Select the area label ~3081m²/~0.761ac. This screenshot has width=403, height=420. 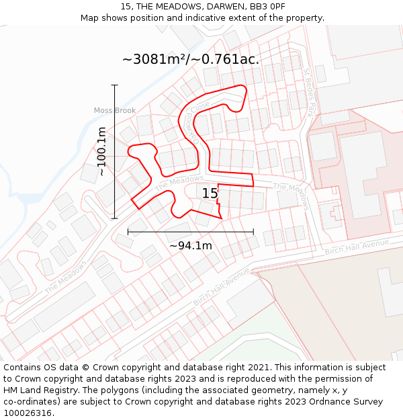pos(191,59)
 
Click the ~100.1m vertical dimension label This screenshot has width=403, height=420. pos(101,151)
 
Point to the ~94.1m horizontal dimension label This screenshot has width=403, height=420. pos(191,246)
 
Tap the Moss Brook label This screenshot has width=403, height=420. pos(114,110)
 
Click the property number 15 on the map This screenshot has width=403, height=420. pos(210,194)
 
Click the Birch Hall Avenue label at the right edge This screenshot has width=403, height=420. pos(357,247)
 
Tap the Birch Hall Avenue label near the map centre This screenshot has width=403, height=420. pos(222,286)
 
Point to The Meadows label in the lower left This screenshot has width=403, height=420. pos(66,276)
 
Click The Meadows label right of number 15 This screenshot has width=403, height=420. pos(291,196)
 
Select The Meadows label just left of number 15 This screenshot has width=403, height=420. pos(179,182)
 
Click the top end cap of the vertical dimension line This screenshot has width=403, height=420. pos(115,85)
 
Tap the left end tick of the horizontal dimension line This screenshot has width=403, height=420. pos(128,232)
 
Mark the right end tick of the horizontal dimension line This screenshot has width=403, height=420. pos(253,232)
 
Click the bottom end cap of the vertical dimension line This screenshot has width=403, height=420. pos(115,218)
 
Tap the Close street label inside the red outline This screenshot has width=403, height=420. pos(199,108)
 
